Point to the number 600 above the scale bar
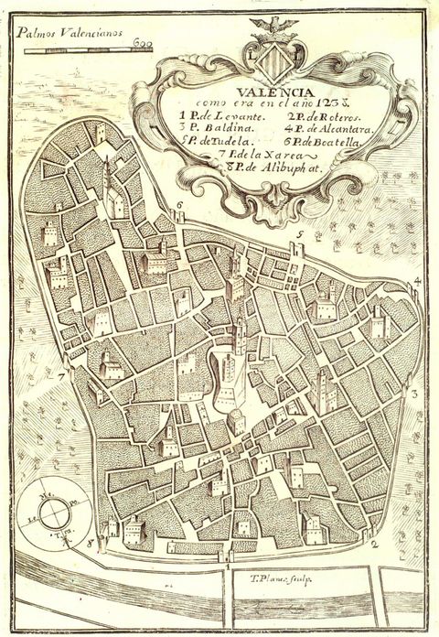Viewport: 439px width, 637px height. [x=141, y=41]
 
